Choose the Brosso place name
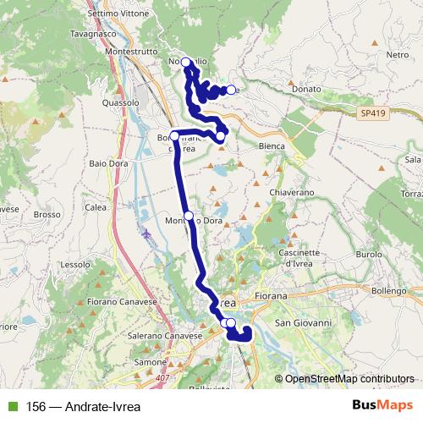(x=47, y=215)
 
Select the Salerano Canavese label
(x=165, y=336)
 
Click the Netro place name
(x=397, y=54)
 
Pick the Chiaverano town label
(x=292, y=193)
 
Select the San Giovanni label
(x=308, y=323)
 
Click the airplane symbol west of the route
(x=149, y=233)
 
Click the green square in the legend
(x=9, y=405)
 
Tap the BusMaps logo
(x=382, y=405)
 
